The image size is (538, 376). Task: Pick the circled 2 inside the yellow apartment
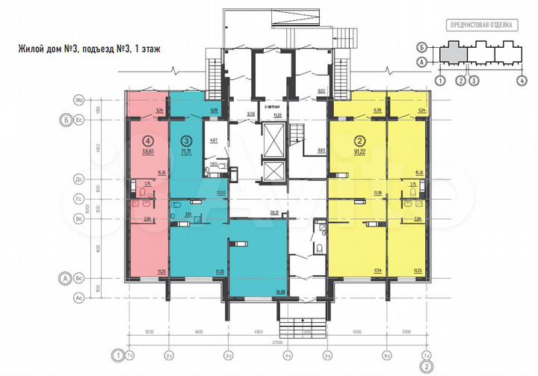tap(359, 139)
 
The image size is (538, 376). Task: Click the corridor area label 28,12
tap(273, 213)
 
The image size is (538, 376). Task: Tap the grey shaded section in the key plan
tap(450, 53)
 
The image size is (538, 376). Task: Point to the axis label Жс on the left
tap(77, 100)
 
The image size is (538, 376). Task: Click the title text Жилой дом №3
tap(49, 50)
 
